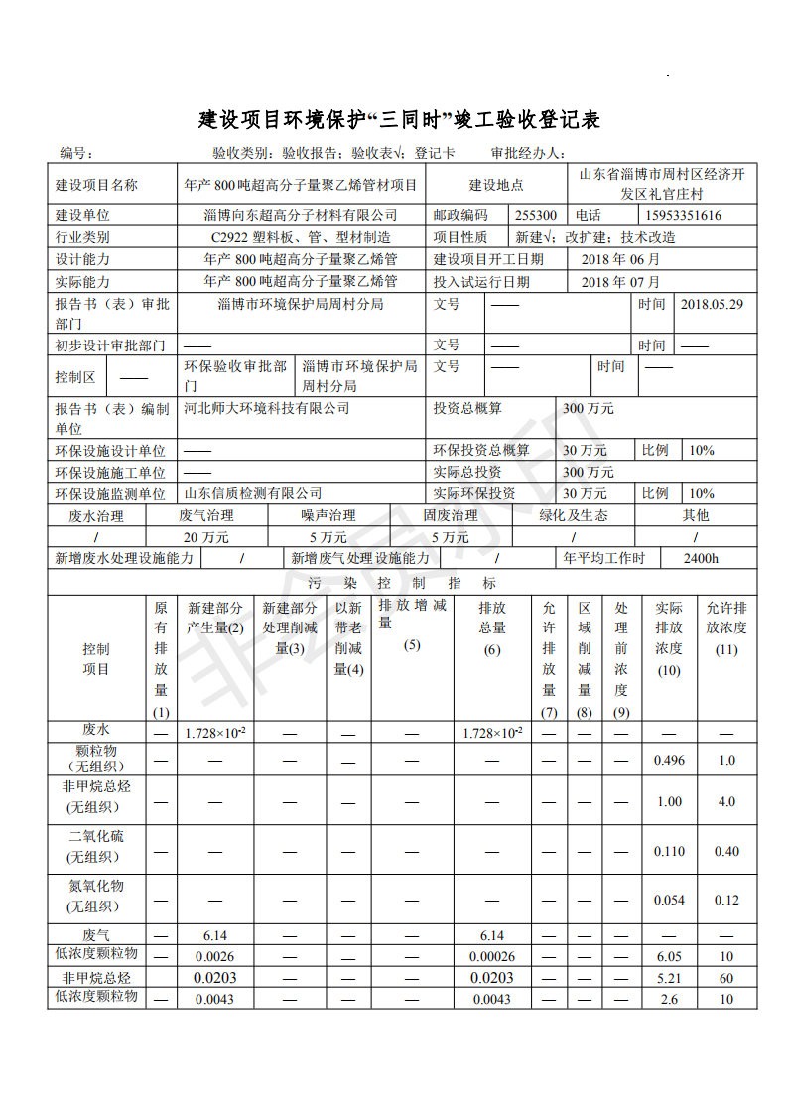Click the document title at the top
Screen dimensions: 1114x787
[x=400, y=121]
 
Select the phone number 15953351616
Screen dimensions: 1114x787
[x=683, y=215]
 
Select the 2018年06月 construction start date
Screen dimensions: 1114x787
[x=620, y=259]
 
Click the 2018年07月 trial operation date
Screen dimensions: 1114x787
[x=620, y=282]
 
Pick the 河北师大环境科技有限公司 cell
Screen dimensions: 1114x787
[x=268, y=408]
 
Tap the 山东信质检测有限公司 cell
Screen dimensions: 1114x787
[x=254, y=493]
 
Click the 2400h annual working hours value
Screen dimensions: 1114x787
[x=701, y=559]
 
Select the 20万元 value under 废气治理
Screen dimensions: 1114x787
[x=205, y=537]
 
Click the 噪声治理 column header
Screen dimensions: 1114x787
[x=328, y=515]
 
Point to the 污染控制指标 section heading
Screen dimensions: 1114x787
[x=402, y=583]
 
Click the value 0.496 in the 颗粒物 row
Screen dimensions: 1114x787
[x=670, y=760]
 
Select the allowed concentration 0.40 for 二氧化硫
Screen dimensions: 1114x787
[x=726, y=851]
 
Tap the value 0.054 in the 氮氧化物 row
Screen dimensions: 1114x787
[x=670, y=900]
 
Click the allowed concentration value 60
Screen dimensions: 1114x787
[x=726, y=978]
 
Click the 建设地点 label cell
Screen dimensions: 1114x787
[x=496, y=185]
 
